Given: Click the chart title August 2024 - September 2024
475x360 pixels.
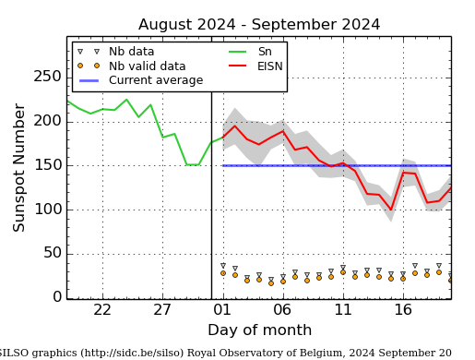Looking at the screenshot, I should [x=259, y=25].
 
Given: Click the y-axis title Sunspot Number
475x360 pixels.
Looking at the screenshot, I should [x=19, y=167].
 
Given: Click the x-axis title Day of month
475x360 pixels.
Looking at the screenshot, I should [x=259, y=330].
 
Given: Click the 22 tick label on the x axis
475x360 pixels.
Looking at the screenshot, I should [x=102, y=310].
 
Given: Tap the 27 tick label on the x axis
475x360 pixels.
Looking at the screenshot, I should [x=162, y=310].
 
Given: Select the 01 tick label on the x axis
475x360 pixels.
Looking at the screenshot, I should [x=222, y=310].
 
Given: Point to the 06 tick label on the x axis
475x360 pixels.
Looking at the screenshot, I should [x=282, y=310].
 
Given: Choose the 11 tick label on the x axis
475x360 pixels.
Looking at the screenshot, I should [x=342, y=310].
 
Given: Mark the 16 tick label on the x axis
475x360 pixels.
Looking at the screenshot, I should [x=403, y=310].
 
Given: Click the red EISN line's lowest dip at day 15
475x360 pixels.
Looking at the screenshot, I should [x=391, y=210].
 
